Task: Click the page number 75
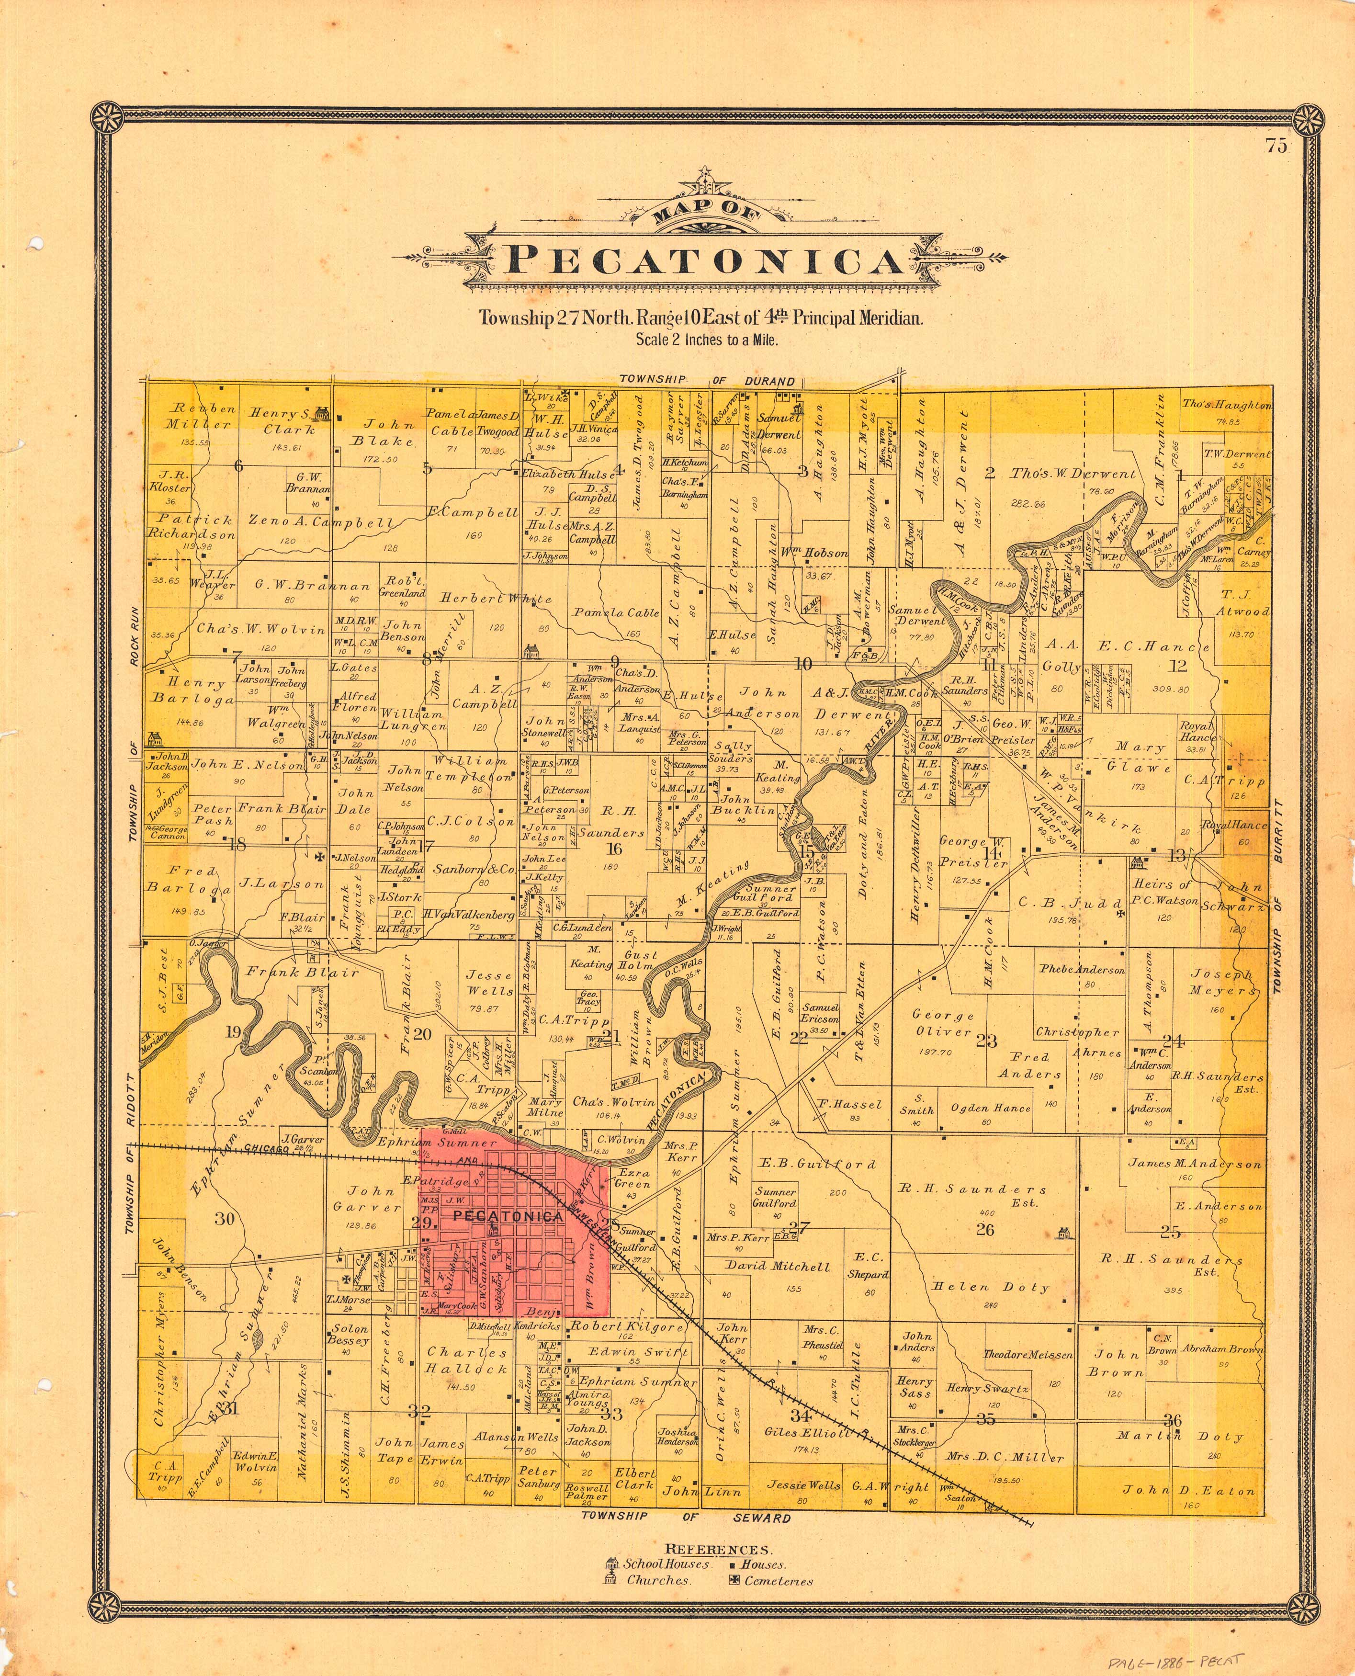point(1277,146)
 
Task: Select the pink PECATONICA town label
point(508,1216)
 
